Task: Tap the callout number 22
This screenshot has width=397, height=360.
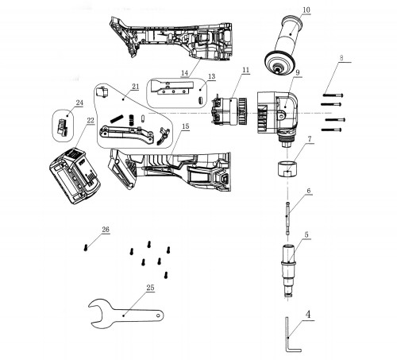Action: [x=91, y=121]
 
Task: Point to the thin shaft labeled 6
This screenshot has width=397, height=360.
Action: [x=288, y=219]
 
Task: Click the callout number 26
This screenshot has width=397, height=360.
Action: [x=106, y=231]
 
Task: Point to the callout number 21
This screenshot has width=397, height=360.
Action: [x=135, y=86]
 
